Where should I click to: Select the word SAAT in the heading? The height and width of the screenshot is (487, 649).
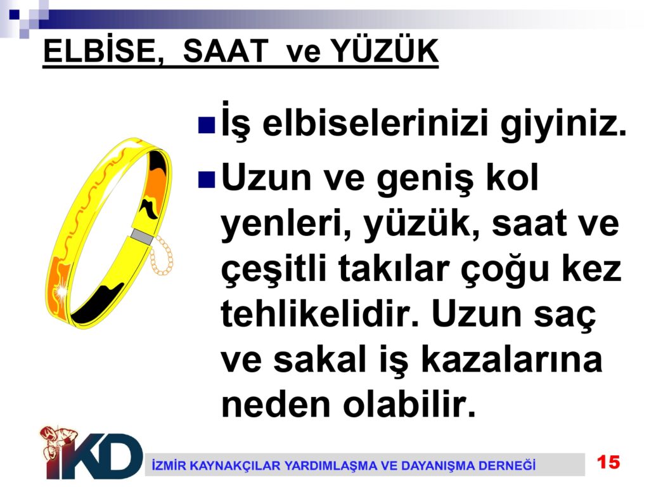(x=226, y=51)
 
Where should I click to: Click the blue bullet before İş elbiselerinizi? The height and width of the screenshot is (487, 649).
(x=207, y=126)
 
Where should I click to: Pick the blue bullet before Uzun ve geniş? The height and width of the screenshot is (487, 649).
(x=207, y=179)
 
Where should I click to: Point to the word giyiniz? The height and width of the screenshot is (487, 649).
(x=563, y=124)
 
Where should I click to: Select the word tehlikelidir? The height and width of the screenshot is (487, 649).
(x=320, y=313)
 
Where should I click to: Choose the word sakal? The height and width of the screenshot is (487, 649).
(x=320, y=359)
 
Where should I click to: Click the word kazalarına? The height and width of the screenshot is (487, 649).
(x=511, y=359)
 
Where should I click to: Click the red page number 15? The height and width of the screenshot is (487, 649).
(x=608, y=462)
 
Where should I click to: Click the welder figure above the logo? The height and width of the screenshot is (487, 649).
(x=57, y=442)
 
